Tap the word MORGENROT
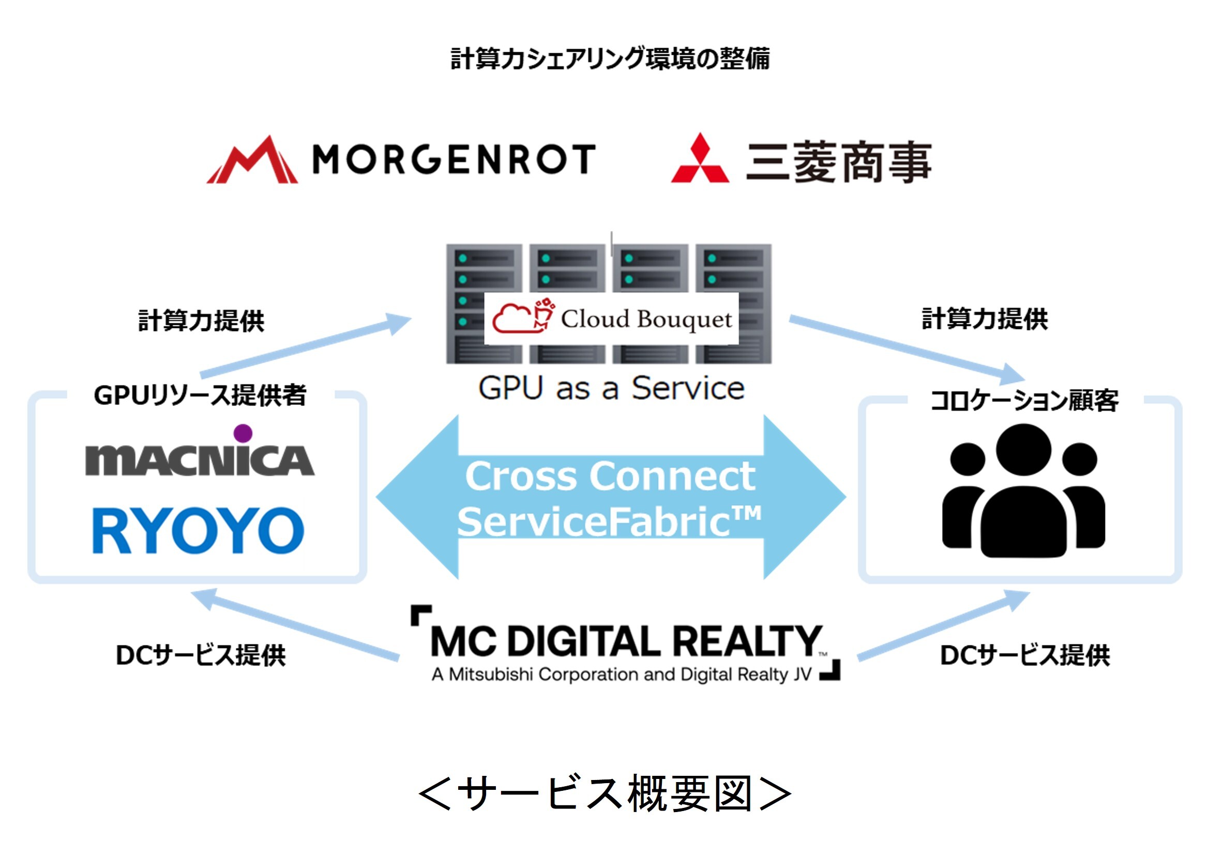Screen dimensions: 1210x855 455,159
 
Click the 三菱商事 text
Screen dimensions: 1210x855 839,161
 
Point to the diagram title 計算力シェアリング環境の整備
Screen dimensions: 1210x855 610,58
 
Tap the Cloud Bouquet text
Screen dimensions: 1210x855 646,319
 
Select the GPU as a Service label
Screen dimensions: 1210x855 611,388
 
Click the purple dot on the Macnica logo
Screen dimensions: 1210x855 243,433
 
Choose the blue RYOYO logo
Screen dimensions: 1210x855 198,530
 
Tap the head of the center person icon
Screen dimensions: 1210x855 1023,450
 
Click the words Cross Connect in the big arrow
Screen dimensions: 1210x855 610,476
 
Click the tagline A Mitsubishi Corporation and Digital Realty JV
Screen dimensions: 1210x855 622,674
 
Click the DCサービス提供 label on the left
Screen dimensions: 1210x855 201,655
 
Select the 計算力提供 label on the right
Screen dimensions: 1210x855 985,319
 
